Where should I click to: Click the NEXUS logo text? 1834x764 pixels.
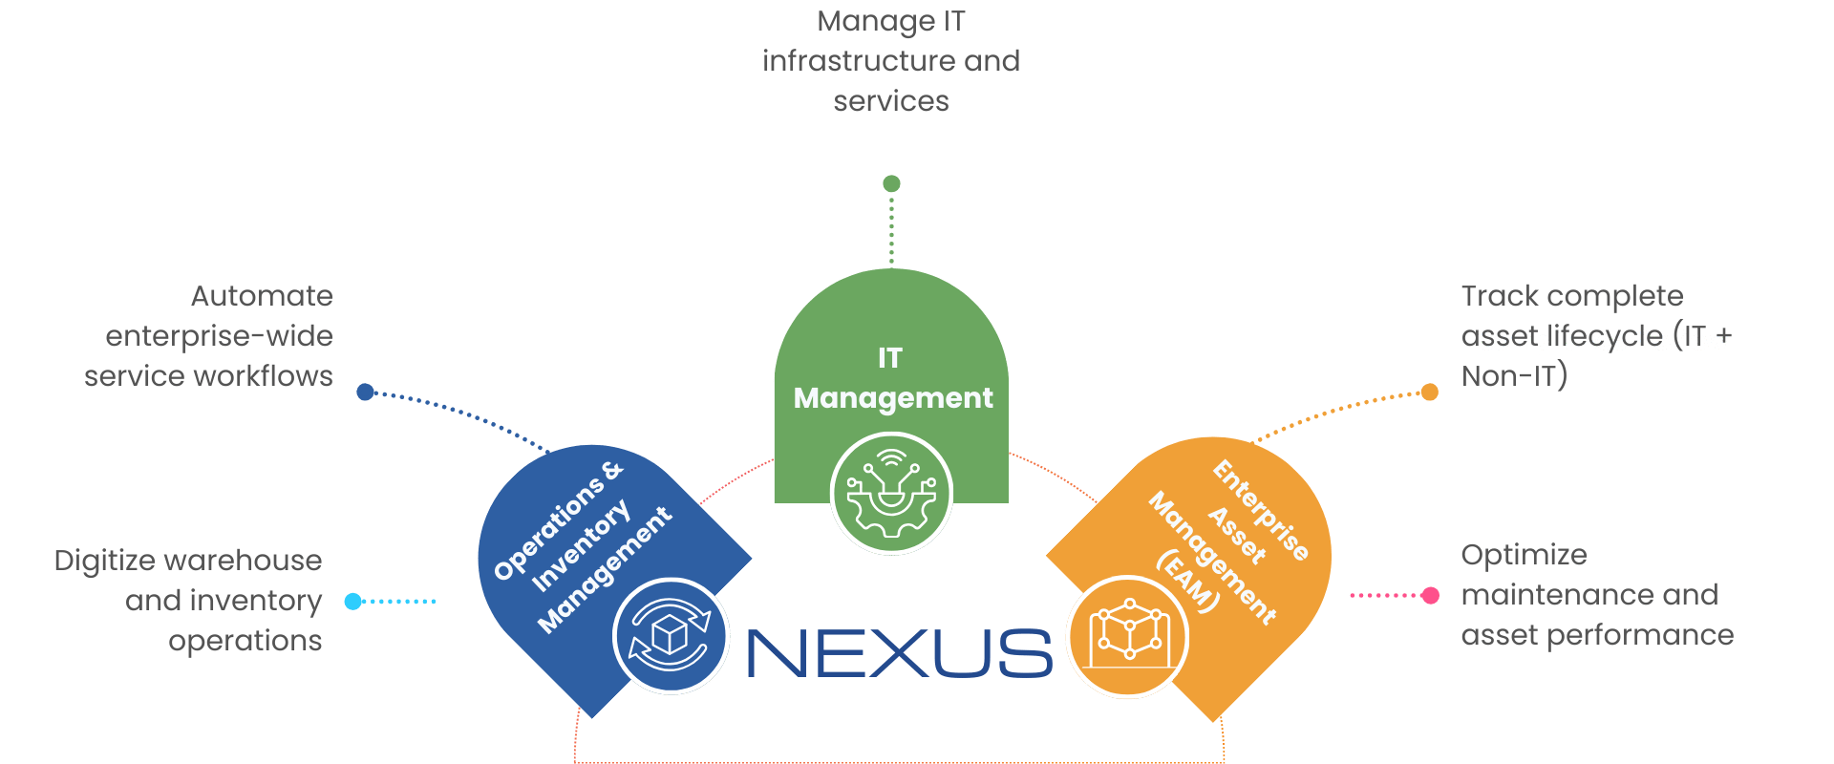tap(899, 654)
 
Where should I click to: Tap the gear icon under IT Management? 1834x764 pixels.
tap(891, 493)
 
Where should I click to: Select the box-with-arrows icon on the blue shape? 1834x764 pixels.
tap(671, 636)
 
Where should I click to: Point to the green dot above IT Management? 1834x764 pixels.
tap(891, 183)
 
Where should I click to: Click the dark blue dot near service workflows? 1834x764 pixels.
tap(365, 392)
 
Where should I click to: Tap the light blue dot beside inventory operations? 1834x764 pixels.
tap(352, 602)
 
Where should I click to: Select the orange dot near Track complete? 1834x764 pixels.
tap(1430, 392)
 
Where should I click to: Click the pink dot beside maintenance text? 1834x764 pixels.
tap(1431, 595)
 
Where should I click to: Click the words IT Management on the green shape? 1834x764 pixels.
tap(892, 378)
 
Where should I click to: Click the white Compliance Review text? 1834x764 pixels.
tap(1602, 341)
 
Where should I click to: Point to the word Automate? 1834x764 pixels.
tap(262, 296)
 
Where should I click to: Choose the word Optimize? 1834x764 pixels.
tap(1524, 555)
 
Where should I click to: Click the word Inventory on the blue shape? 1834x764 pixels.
tap(581, 545)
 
